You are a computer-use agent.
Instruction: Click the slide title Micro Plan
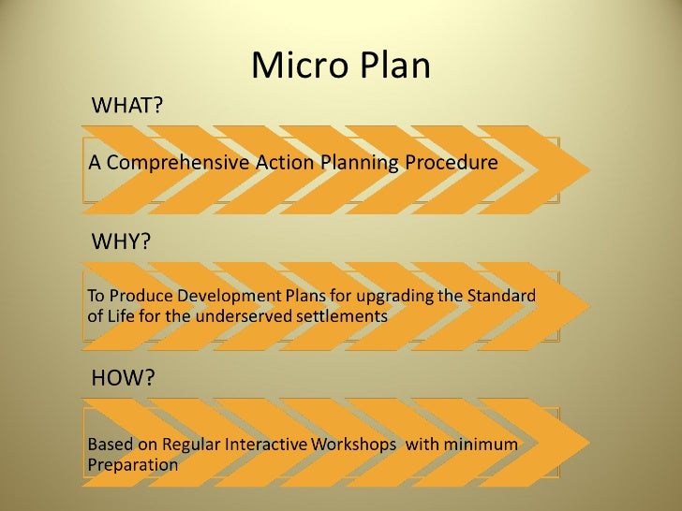point(341,66)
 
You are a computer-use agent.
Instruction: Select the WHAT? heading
point(126,105)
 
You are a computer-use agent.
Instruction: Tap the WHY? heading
point(121,241)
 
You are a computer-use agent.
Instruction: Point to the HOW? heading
point(123,378)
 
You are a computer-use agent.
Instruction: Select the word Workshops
point(350,444)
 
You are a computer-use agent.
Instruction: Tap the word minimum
point(482,444)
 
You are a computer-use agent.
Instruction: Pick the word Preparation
point(132,464)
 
